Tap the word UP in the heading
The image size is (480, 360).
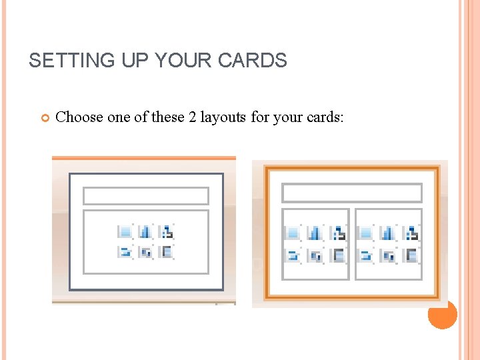(x=127, y=61)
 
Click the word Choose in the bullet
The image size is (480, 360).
(x=79, y=117)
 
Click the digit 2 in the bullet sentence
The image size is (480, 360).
(x=192, y=117)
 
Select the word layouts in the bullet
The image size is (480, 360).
(x=223, y=117)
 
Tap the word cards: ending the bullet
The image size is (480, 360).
(x=325, y=117)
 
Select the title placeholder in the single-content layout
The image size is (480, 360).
(x=146, y=195)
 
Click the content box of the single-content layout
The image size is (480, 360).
(x=146, y=241)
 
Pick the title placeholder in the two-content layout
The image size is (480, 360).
(x=352, y=193)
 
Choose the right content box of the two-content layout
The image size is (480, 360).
(x=389, y=243)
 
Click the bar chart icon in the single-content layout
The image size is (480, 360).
(x=145, y=232)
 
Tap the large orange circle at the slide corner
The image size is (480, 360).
(x=442, y=314)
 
